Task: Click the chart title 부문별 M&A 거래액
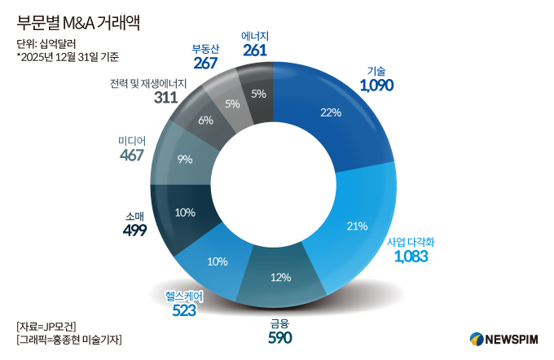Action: pyautogui.click(x=78, y=22)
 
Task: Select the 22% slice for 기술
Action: pyautogui.click(x=329, y=113)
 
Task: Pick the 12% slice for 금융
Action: pyautogui.click(x=281, y=277)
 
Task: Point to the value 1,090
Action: pyautogui.click(x=376, y=85)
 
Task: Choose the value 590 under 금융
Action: pyautogui.click(x=280, y=337)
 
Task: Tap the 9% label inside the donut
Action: pyautogui.click(x=184, y=160)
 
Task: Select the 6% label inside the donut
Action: pyautogui.click(x=204, y=121)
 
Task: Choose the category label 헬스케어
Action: pyautogui.click(x=184, y=296)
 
